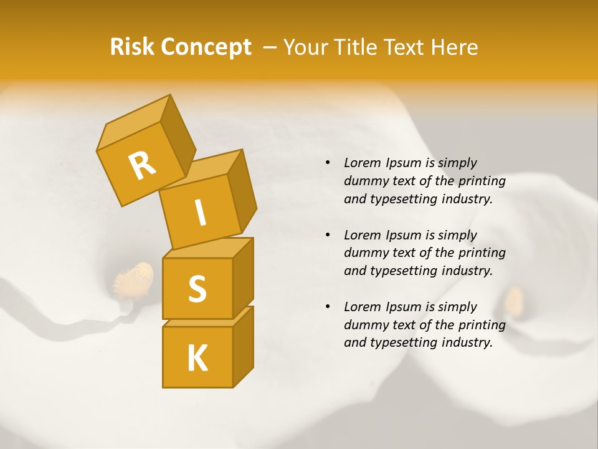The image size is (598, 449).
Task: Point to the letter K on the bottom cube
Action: (x=197, y=359)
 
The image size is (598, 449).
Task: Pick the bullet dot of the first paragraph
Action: (x=328, y=163)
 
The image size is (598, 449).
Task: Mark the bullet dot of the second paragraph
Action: (x=328, y=235)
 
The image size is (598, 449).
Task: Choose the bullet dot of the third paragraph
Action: (x=328, y=307)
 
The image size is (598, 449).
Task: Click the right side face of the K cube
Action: (x=244, y=346)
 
